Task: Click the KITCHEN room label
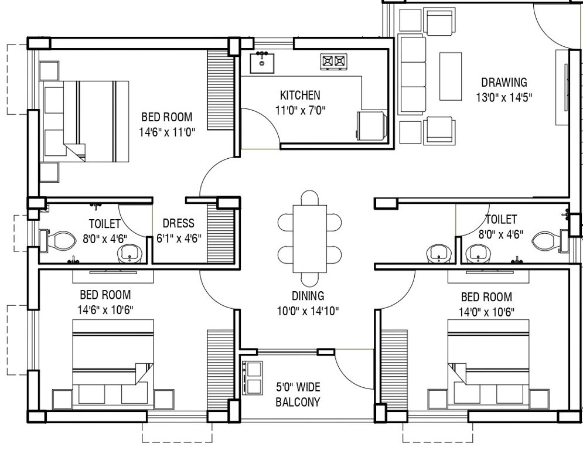pos(300,95)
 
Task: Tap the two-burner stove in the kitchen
pos(333,60)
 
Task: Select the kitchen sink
pos(262,62)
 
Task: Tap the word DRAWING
pos(504,83)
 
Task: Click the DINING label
pos(308,296)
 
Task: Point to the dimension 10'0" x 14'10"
pos(308,311)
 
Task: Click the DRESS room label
pos(178,224)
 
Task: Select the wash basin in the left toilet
pos(129,254)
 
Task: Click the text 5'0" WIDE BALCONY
pos(298,394)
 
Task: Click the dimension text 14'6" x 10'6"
pos(105,309)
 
